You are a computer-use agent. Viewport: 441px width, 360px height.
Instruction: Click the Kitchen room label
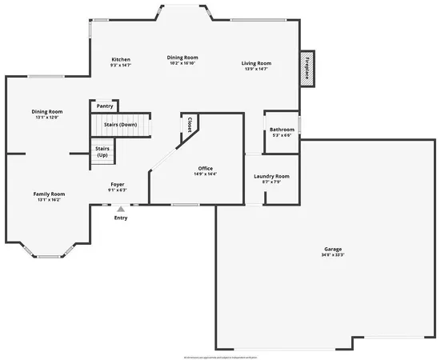pyautogui.click(x=121, y=60)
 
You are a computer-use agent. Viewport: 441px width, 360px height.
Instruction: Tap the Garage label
pyautogui.click(x=327, y=249)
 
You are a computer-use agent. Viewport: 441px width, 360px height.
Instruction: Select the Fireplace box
pyautogui.click(x=307, y=70)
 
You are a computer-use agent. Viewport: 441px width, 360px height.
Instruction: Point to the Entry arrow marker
pyautogui.click(x=121, y=209)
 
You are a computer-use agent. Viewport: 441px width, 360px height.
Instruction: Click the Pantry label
pyautogui.click(x=105, y=106)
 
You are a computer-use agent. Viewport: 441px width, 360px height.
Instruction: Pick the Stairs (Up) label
pyautogui.click(x=102, y=151)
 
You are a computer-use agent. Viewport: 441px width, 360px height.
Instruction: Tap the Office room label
pyautogui.click(x=206, y=168)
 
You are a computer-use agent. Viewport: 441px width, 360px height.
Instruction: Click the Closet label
pyautogui.click(x=190, y=126)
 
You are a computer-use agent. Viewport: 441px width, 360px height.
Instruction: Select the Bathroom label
pyautogui.click(x=282, y=130)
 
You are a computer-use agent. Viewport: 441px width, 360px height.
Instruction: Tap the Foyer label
pyautogui.click(x=118, y=185)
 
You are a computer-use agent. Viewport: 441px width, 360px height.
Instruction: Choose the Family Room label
pyautogui.click(x=49, y=194)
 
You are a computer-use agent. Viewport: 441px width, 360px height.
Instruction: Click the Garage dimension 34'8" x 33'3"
pyautogui.click(x=327, y=254)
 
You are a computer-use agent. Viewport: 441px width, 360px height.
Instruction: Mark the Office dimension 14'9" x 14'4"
pyautogui.click(x=206, y=174)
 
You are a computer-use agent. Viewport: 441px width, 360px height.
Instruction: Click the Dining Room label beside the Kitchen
pyautogui.click(x=182, y=58)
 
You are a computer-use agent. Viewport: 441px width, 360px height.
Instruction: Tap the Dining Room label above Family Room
pyautogui.click(x=47, y=111)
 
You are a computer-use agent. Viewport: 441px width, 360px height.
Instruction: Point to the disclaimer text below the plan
pyautogui.click(x=220, y=355)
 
